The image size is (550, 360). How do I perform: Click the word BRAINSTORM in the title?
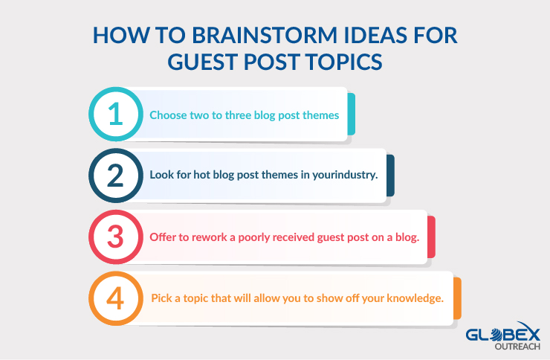pos(265,36)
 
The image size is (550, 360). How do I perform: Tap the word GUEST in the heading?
pos(202,62)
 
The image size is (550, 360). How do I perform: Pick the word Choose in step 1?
pos(168,115)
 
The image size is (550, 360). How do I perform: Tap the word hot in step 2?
pos(201,175)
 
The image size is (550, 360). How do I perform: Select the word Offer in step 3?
pos(162,237)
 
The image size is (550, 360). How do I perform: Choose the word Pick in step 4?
pos(161,298)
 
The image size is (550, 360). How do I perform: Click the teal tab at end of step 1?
pos(351,114)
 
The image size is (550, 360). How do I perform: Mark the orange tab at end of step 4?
pos(457,298)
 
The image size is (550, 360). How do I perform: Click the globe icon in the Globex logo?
pos(496,335)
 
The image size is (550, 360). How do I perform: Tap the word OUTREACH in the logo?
pos(517,347)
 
